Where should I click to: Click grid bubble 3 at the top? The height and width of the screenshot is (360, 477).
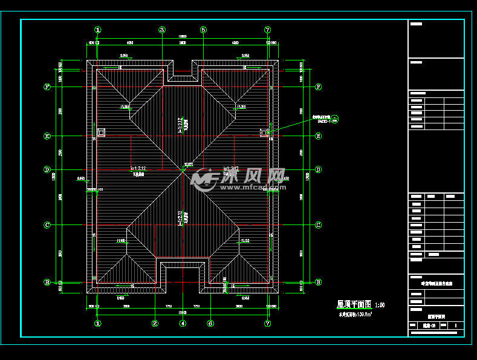(x=162, y=30)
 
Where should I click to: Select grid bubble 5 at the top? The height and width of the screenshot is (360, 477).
(x=203, y=30)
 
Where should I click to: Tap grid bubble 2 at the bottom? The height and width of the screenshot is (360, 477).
(x=155, y=323)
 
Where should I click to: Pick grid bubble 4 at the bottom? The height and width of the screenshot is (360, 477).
(x=183, y=323)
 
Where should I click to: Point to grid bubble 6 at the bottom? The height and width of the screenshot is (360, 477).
(x=210, y=323)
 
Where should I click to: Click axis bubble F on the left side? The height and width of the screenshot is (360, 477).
(x=47, y=87)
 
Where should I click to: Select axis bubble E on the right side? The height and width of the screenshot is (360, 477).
(x=318, y=136)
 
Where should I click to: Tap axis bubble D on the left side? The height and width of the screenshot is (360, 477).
(x=47, y=169)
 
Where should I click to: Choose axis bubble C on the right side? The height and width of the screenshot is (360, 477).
(x=318, y=225)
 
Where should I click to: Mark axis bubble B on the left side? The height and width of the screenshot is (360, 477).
(x=47, y=282)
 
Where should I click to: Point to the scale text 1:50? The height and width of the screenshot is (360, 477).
(x=380, y=305)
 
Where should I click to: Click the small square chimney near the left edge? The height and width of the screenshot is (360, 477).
(x=100, y=131)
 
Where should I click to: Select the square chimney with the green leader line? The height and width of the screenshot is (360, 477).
(x=264, y=132)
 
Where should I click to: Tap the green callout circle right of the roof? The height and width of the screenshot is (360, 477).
(x=336, y=118)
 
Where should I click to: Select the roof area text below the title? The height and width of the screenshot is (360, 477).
(x=355, y=315)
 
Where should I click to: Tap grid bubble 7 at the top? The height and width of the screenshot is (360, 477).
(x=268, y=30)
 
